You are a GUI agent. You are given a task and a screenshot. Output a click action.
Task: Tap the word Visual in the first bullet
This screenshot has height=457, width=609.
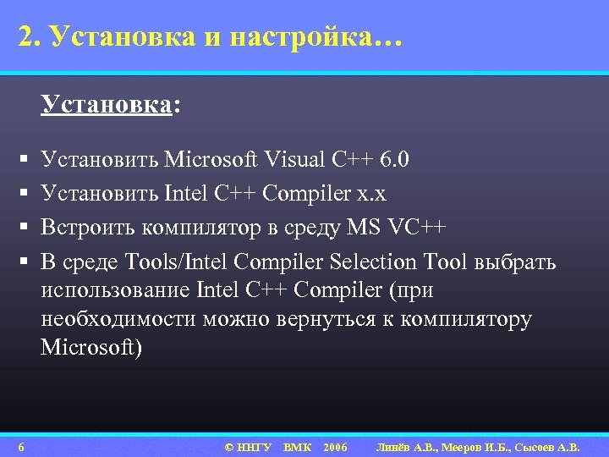(299, 158)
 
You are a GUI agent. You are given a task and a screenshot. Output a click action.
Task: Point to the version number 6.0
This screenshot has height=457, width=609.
(394, 158)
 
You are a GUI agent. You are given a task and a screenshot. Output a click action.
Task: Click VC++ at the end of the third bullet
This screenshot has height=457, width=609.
(414, 228)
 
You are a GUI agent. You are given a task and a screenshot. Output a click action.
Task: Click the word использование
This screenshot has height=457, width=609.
(115, 290)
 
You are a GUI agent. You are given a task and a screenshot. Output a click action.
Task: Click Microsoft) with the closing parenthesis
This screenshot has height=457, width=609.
(92, 347)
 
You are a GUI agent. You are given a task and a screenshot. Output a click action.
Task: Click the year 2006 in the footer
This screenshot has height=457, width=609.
(335, 447)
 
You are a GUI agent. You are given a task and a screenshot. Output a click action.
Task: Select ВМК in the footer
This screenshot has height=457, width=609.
(297, 447)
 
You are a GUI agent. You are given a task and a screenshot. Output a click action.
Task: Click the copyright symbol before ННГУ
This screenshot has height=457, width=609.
(228, 447)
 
